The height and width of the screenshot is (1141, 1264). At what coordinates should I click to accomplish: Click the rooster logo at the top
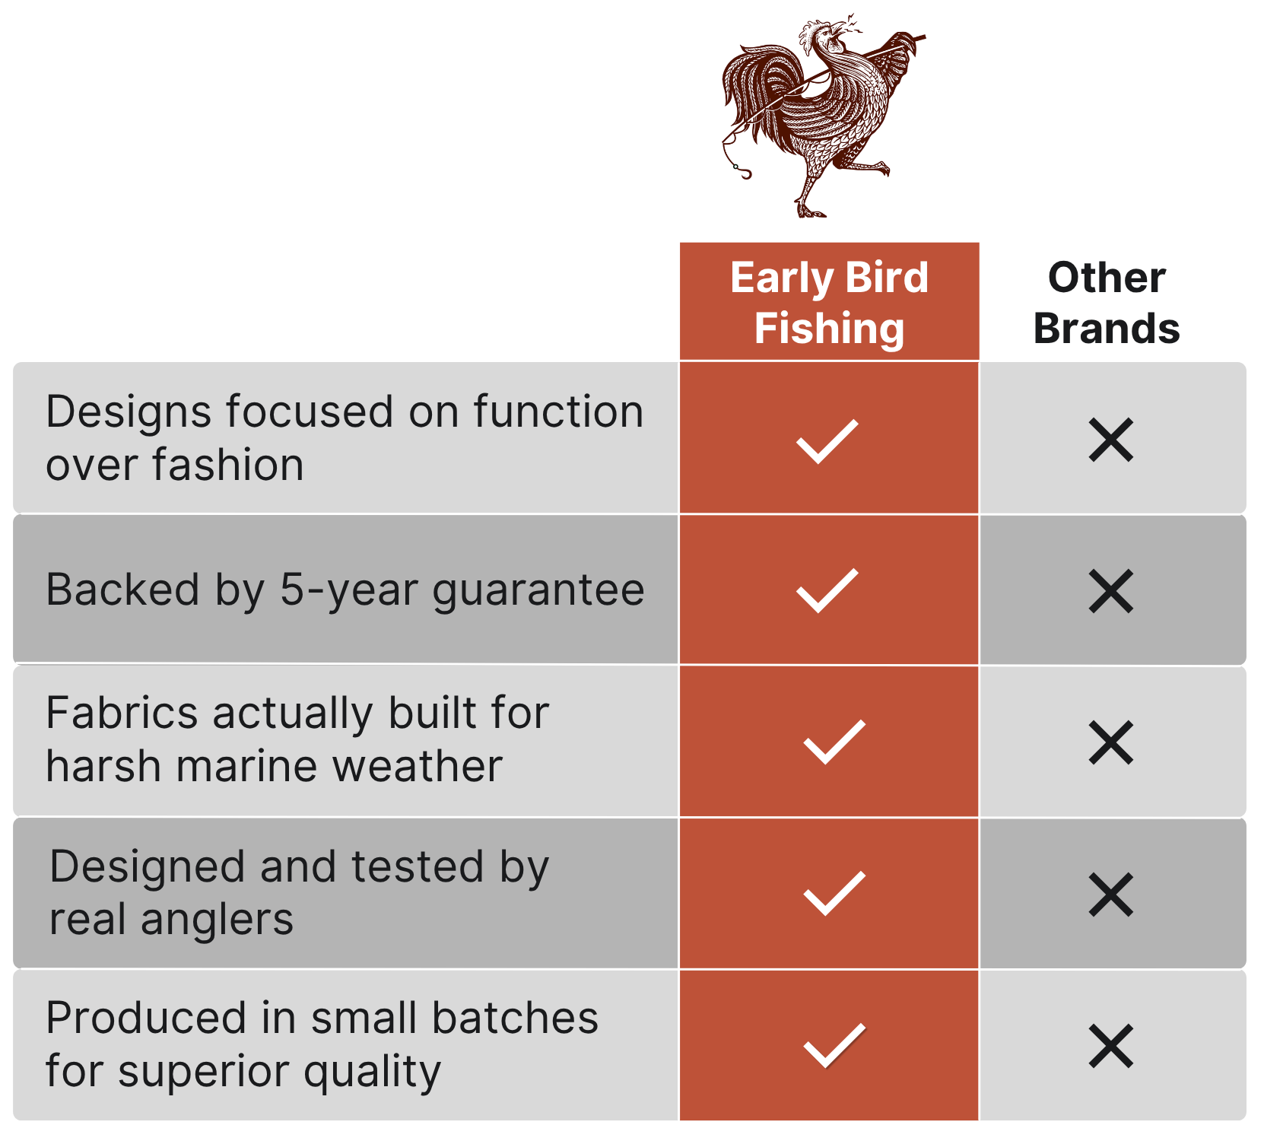point(824,116)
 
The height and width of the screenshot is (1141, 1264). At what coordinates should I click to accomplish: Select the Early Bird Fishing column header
point(829,302)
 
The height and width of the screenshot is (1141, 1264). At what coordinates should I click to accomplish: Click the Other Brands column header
point(1107,302)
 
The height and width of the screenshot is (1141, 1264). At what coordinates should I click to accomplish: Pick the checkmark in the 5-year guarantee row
point(827,590)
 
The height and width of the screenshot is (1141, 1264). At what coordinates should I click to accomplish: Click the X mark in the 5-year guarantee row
point(1111,591)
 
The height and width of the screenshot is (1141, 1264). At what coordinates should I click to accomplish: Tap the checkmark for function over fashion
point(827,441)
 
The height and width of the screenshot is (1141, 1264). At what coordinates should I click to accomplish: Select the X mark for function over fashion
point(1111,440)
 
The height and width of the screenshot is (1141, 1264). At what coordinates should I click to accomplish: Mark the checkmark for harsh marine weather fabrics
point(834,742)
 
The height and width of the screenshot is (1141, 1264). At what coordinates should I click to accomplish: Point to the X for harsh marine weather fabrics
point(1111,742)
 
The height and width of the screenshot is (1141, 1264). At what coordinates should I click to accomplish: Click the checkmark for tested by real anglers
point(834,893)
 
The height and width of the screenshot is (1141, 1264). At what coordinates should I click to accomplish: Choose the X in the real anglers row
point(1111,894)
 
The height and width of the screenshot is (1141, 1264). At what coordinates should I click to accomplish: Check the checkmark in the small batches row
point(834,1046)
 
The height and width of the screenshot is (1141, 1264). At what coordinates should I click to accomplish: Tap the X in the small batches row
point(1111,1046)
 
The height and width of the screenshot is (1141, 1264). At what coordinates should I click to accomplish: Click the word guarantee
point(538,592)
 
